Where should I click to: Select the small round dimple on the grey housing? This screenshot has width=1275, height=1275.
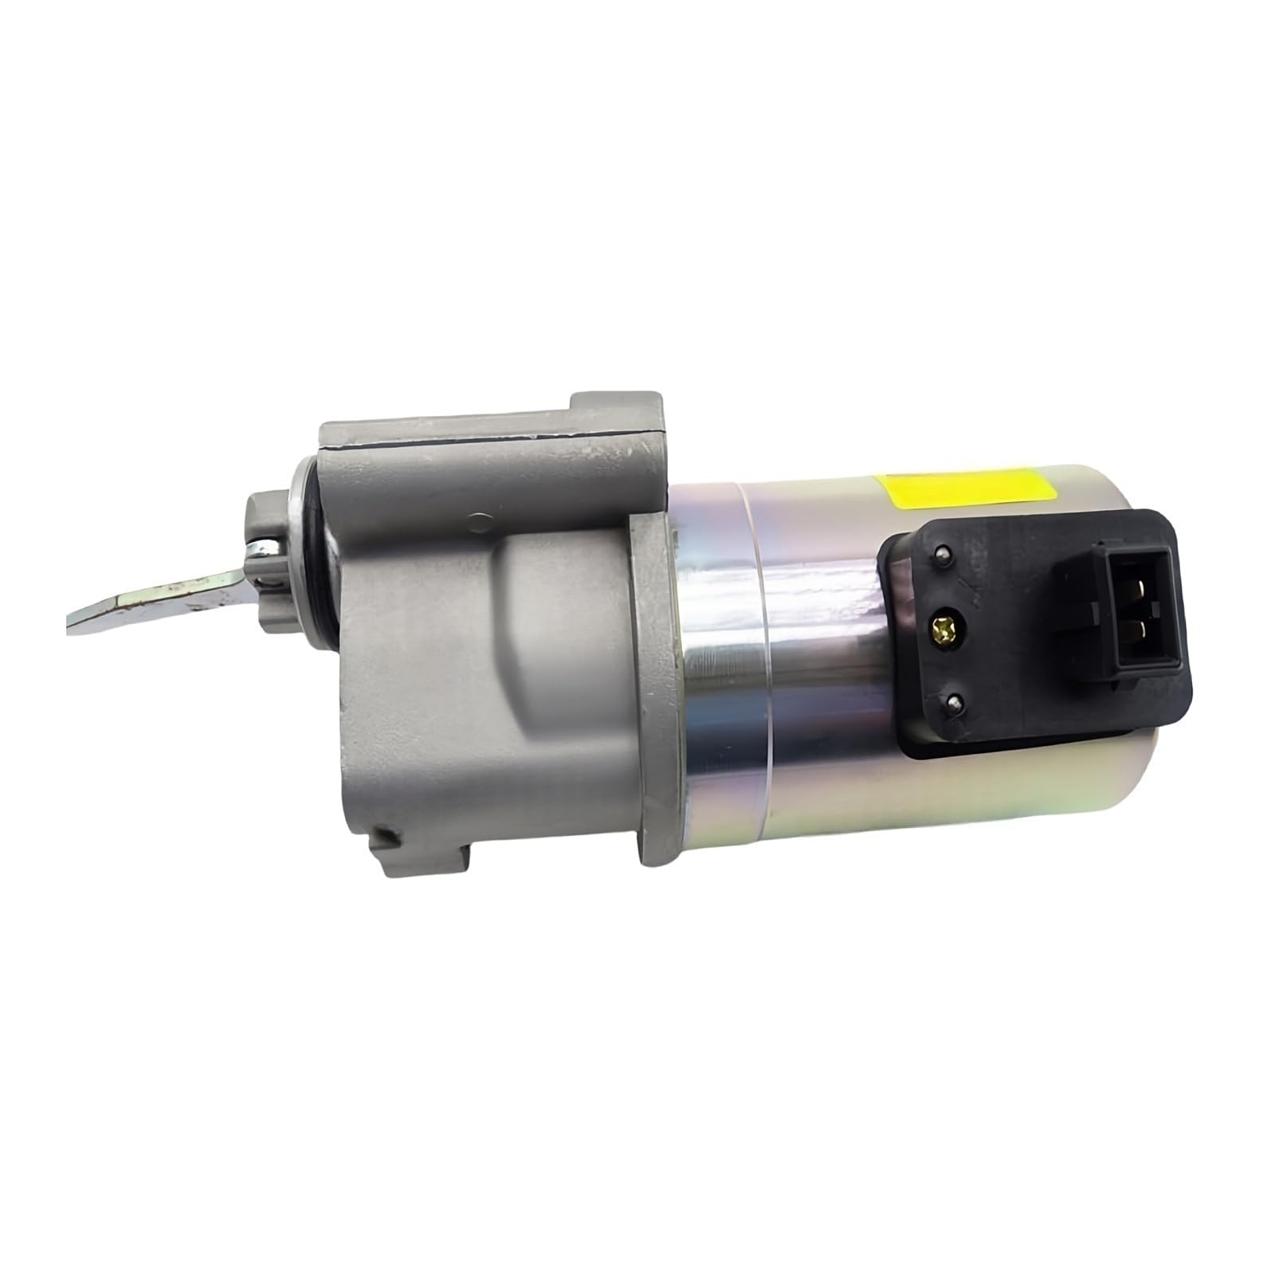[x=478, y=522]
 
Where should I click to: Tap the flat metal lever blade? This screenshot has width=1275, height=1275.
[x=159, y=602]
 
